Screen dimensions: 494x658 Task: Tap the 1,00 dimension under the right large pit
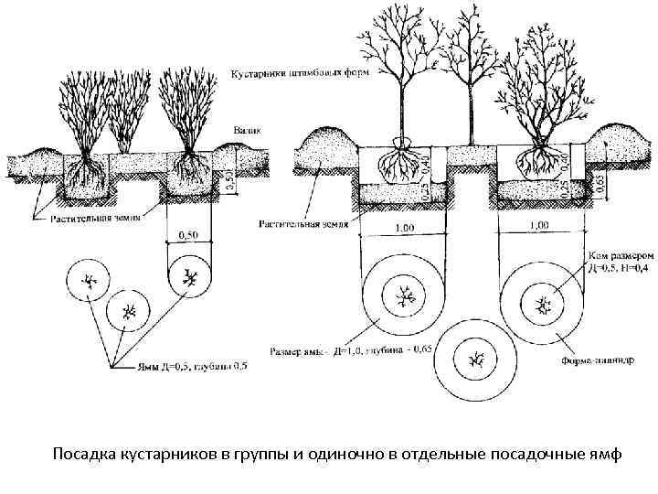point(539,225)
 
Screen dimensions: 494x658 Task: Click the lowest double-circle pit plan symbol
point(473,358)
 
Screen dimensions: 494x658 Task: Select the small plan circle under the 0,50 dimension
point(188,277)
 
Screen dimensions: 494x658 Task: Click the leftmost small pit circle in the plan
point(90,280)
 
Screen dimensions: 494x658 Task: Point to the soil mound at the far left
point(31,162)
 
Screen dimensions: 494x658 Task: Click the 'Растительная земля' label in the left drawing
point(90,220)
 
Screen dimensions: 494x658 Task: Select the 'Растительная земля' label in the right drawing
point(296,221)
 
